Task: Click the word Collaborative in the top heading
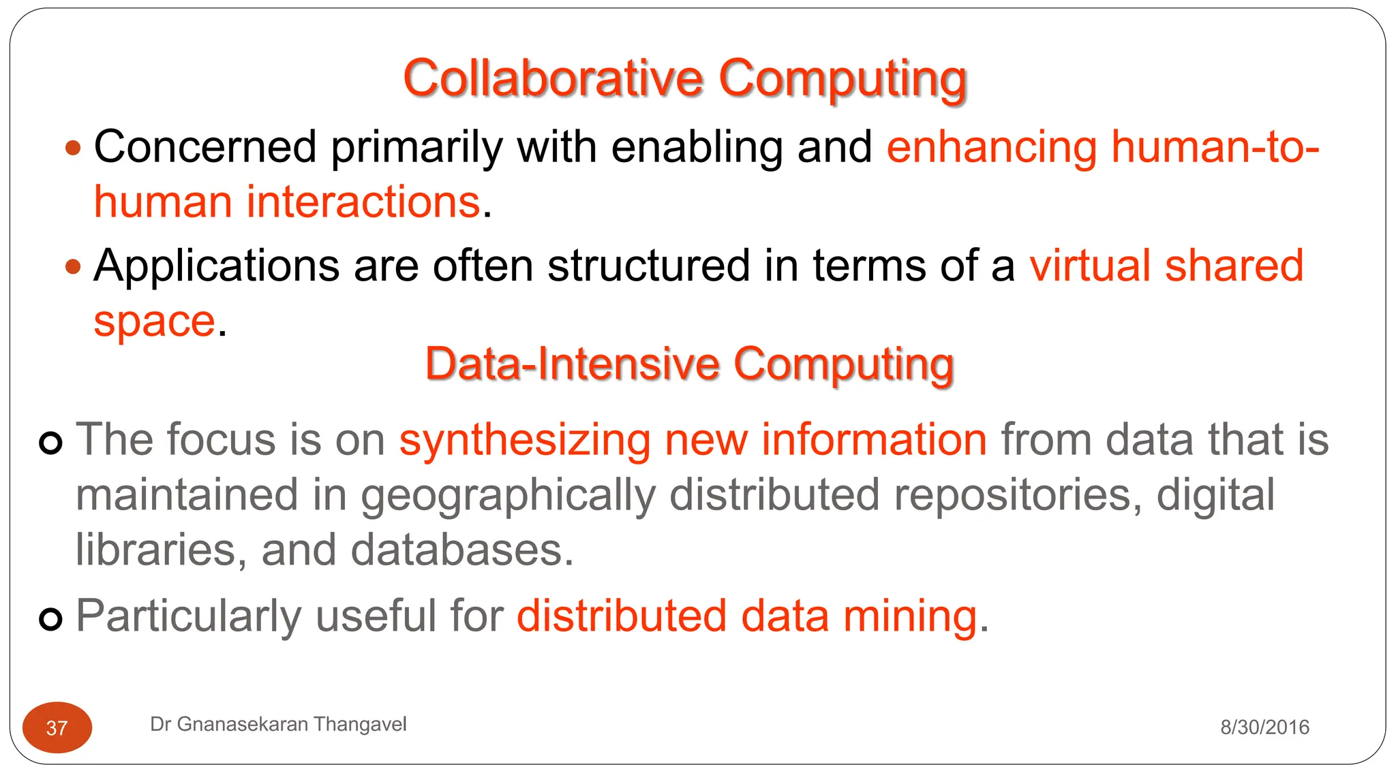(x=552, y=78)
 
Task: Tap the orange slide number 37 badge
(x=57, y=727)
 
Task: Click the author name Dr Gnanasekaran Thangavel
(x=278, y=724)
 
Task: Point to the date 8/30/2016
(x=1264, y=727)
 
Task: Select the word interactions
(x=363, y=202)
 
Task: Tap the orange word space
(x=155, y=321)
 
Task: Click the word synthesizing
(x=524, y=439)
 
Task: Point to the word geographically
(x=509, y=495)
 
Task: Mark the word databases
(x=461, y=550)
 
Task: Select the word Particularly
(x=189, y=616)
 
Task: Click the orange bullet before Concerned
(x=74, y=147)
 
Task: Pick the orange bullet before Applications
(x=74, y=266)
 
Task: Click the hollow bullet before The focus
(x=51, y=443)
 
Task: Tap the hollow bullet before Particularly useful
(x=51, y=619)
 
